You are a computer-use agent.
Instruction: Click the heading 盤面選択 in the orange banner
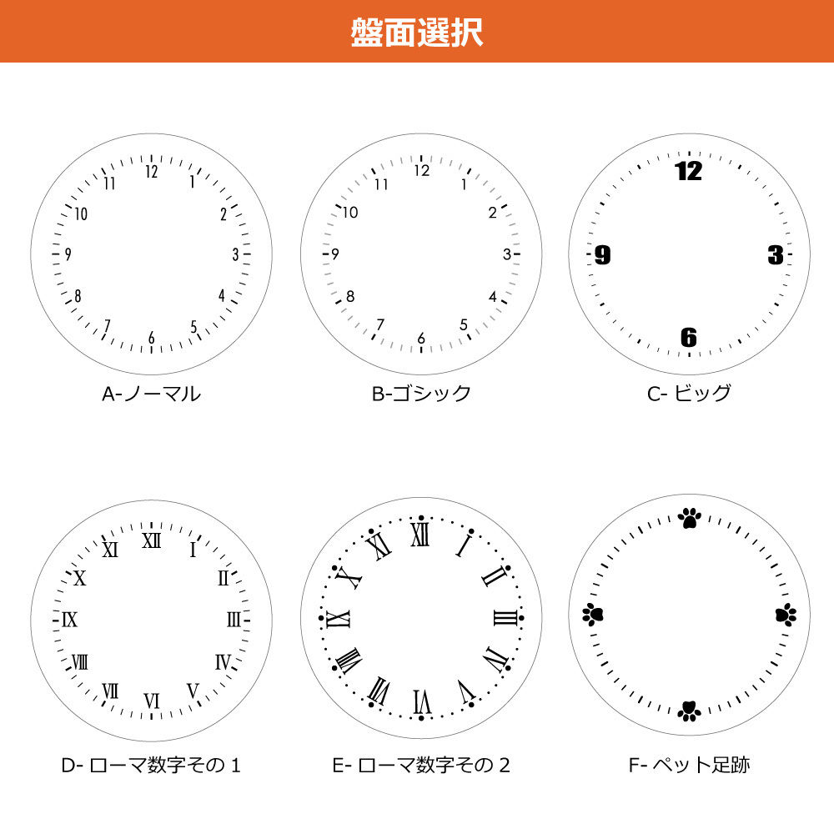[416, 31]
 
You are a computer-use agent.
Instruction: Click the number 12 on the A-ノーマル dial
[151, 172]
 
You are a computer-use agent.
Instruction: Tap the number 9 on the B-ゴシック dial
[334, 254]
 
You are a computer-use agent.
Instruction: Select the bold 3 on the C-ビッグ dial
[776, 255]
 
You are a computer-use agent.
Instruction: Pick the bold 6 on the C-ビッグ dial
[688, 338]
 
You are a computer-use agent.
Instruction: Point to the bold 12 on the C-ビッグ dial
[688, 172]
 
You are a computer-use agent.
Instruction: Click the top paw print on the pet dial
[689, 519]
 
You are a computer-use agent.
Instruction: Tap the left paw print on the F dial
[593, 615]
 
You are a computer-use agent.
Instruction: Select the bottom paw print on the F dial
[688, 711]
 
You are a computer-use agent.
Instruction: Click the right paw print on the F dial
[785, 615]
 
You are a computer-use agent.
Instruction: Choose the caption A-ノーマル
[151, 394]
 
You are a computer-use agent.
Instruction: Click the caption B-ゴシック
[421, 394]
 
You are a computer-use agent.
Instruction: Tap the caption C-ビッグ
[689, 394]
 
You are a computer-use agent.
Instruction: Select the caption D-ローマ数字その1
[151, 765]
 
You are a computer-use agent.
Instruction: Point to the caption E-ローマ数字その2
[421, 765]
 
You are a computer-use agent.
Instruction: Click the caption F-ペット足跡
[689, 765]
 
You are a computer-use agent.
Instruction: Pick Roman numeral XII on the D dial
[151, 541]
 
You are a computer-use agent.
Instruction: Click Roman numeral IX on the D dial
[70, 620]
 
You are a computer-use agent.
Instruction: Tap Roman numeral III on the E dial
[505, 618]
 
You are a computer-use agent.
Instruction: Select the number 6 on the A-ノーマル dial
[151, 338]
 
